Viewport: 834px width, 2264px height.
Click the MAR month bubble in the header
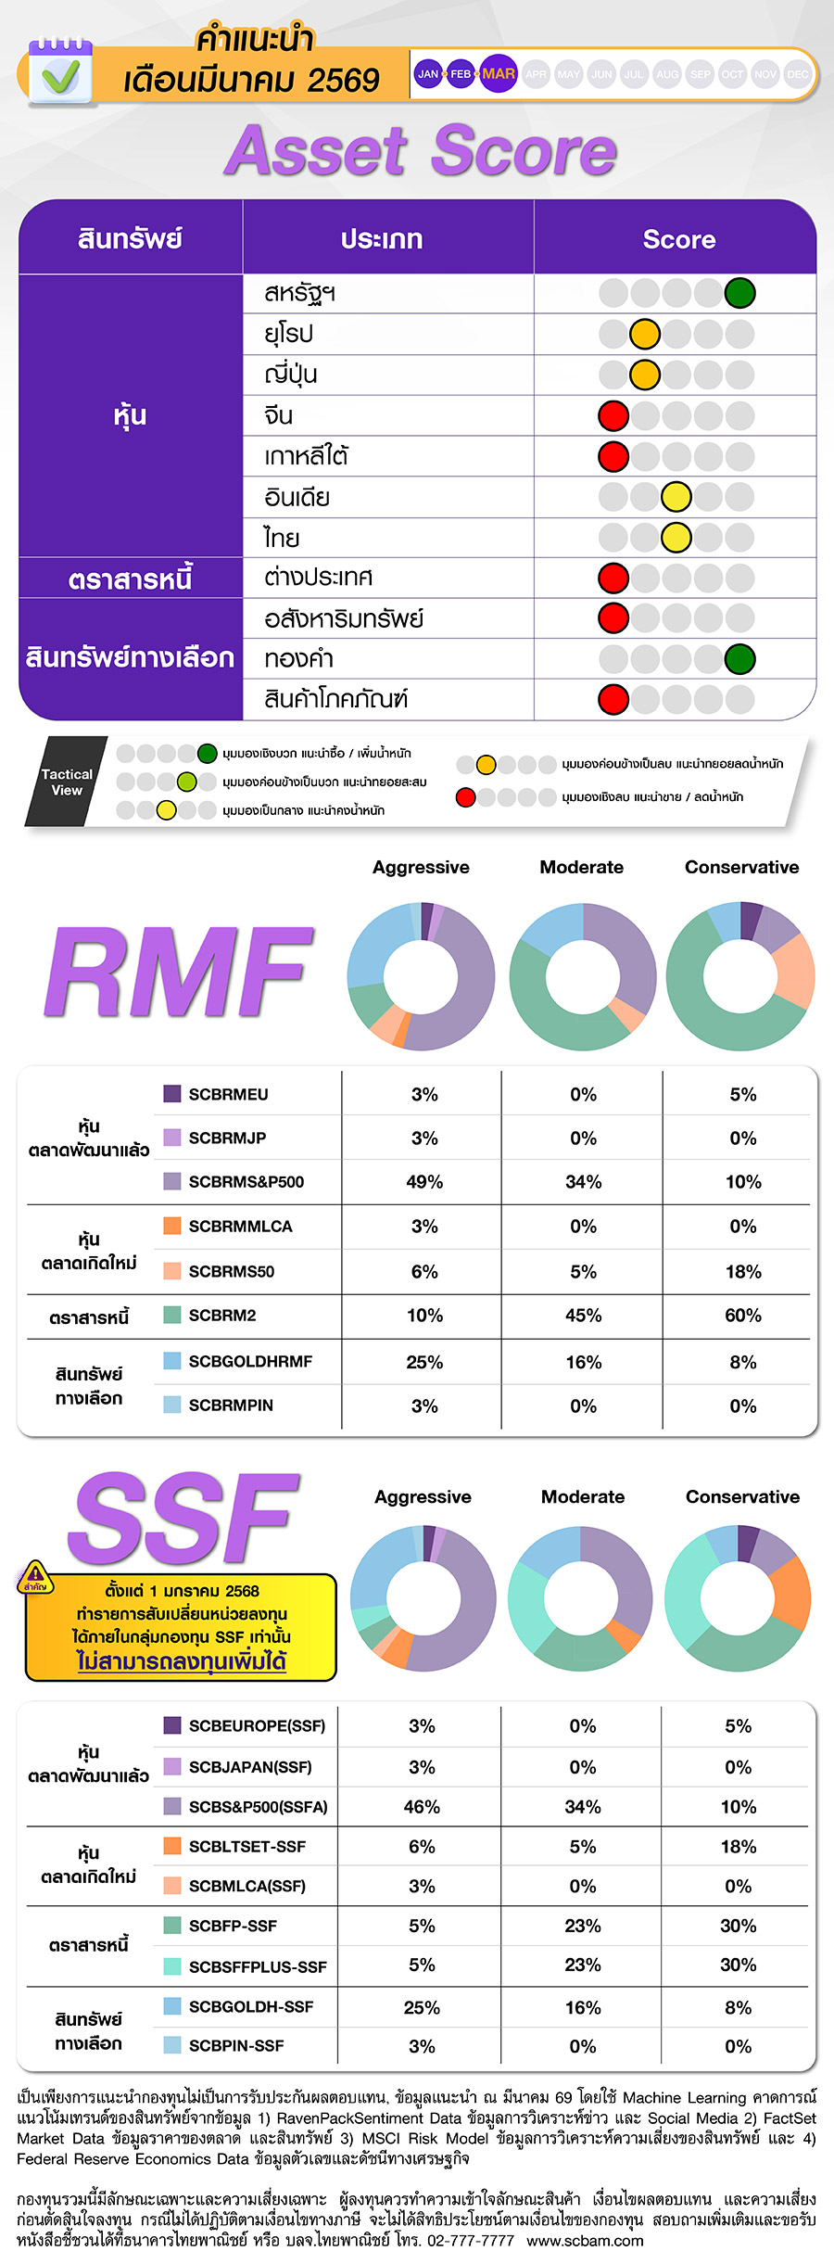point(499,74)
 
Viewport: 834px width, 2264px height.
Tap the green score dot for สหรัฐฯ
point(739,293)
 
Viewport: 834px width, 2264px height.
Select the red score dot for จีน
point(613,415)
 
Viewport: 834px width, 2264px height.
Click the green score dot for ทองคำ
point(739,659)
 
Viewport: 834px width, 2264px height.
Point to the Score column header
point(679,239)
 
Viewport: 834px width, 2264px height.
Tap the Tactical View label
point(67,782)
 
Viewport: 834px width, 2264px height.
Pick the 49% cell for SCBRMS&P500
point(424,1182)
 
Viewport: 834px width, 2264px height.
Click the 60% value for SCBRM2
point(743,1316)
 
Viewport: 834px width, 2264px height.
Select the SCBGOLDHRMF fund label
point(250,1361)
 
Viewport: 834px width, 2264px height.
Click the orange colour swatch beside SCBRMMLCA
point(172,1226)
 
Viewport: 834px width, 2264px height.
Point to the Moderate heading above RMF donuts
point(582,867)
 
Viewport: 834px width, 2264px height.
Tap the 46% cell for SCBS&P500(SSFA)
point(422,1806)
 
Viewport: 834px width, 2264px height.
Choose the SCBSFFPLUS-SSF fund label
point(258,1966)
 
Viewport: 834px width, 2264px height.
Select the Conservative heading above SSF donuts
point(742,1496)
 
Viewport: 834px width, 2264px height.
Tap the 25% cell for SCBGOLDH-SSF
point(422,2007)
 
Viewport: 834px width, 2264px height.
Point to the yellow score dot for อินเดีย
point(676,497)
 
